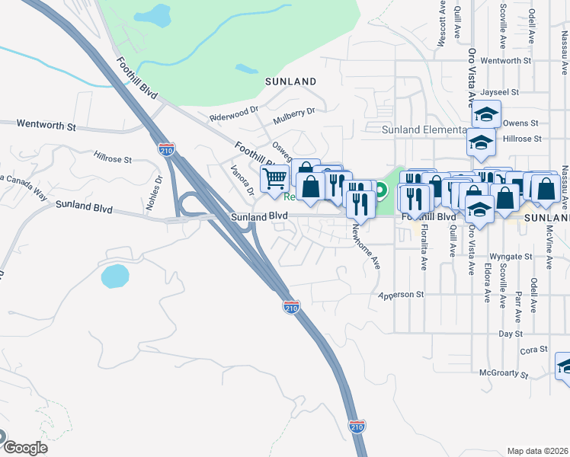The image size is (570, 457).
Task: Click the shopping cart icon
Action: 274,179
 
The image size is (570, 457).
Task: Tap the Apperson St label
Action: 401,294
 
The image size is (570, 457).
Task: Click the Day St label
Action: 510,334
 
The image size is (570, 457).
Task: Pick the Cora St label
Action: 534,350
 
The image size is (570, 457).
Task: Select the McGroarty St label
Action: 504,374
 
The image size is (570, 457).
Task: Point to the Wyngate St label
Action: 510,257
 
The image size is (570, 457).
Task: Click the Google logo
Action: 24,447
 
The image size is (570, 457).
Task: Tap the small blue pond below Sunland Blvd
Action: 114,276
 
